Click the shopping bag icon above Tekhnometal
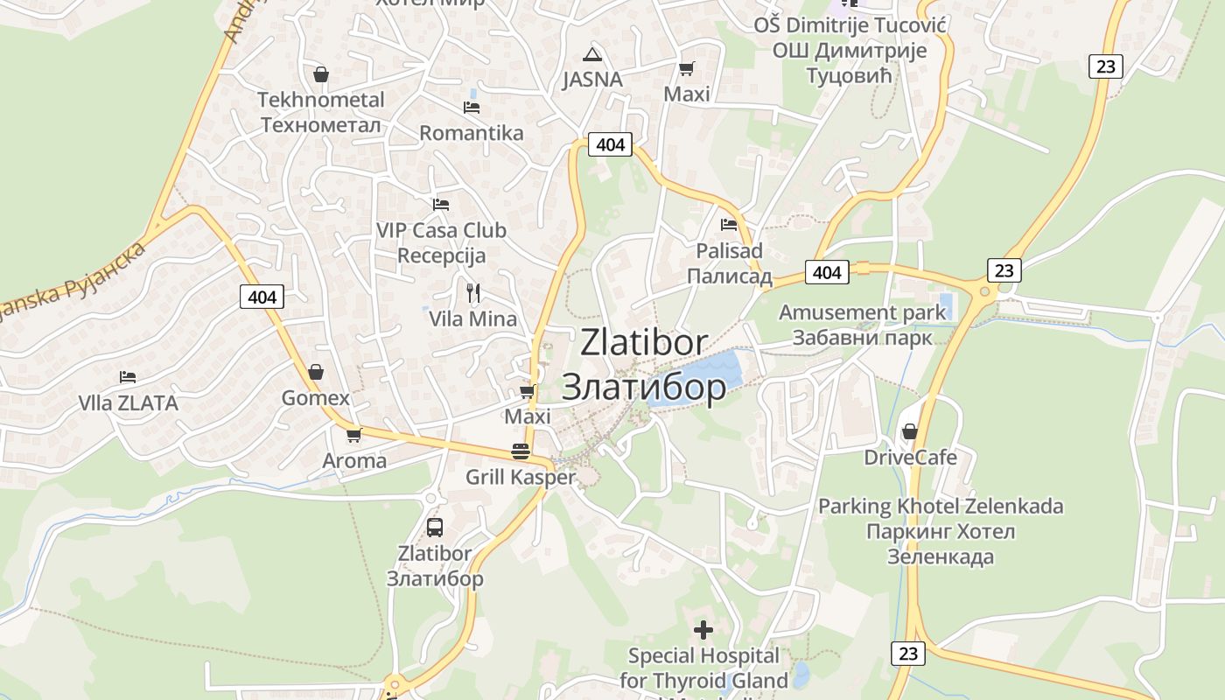[x=321, y=74]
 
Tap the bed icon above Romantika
[x=472, y=108]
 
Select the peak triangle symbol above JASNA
[x=593, y=53]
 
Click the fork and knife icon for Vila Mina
[x=472, y=292]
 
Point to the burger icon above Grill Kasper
[x=521, y=451]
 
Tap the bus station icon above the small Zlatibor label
[x=435, y=528]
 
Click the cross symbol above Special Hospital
[x=703, y=630]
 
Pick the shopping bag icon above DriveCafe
[x=910, y=431]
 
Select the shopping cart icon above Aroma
[x=354, y=435]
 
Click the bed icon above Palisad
[x=729, y=225]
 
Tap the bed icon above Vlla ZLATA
[x=128, y=377]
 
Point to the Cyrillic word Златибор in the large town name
[x=644, y=388]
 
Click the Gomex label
[x=316, y=398]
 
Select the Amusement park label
[x=863, y=312]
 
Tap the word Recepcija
[x=441, y=256]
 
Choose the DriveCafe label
[x=911, y=458]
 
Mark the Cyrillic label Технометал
[x=321, y=125]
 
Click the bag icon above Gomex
[x=316, y=372]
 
